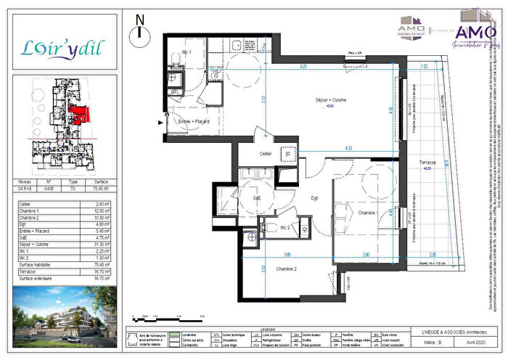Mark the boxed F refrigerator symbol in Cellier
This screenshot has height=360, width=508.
click(288, 154)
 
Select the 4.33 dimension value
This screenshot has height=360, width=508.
click(348, 148)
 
